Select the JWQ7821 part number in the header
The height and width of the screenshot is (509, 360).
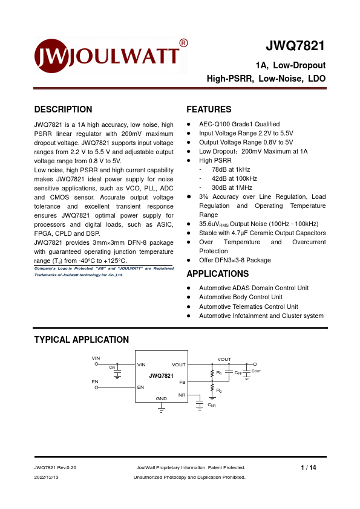(x=296, y=47)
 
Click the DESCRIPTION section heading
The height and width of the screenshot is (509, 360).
(x=63, y=109)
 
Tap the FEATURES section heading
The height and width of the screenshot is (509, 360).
(x=209, y=109)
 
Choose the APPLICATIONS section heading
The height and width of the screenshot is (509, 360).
(x=218, y=274)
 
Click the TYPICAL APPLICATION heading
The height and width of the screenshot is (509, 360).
(x=81, y=340)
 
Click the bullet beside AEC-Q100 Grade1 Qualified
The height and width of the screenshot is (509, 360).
(x=189, y=124)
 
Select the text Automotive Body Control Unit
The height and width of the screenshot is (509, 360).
(x=241, y=297)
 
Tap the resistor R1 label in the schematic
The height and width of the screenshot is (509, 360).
(x=219, y=372)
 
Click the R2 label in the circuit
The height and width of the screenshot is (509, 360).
(x=219, y=392)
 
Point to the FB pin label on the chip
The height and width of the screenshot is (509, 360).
(x=182, y=383)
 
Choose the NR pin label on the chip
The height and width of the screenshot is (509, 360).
(x=182, y=395)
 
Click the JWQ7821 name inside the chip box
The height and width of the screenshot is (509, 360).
(x=161, y=375)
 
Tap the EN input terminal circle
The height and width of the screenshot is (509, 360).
(x=96, y=387)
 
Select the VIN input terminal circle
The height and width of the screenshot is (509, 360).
(x=96, y=365)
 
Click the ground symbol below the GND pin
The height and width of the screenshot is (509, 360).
(x=162, y=409)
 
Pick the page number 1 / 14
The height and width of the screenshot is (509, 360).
(x=309, y=467)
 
